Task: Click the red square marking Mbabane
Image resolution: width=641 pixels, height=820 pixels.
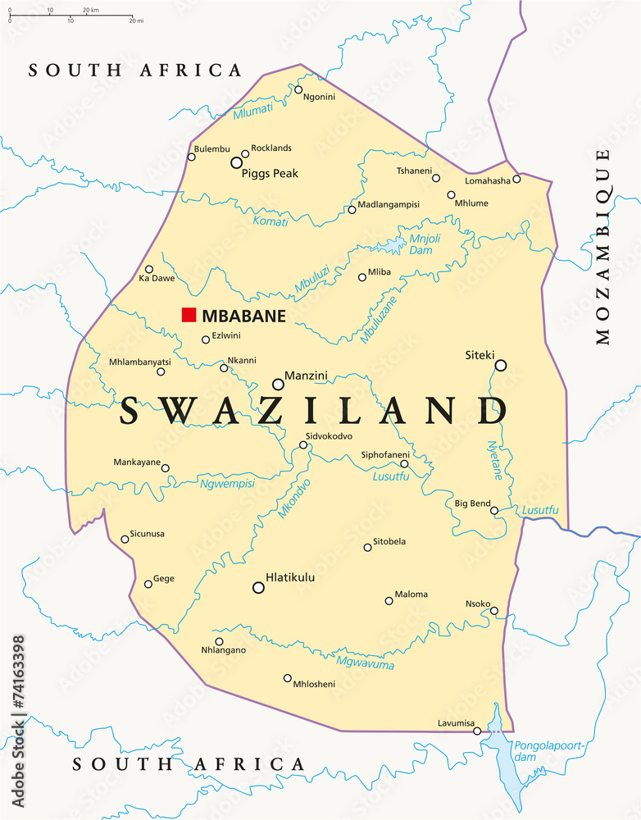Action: (189, 315)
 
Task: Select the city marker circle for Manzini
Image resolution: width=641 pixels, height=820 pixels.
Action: (278, 384)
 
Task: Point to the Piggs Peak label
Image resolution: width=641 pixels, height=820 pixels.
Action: (270, 174)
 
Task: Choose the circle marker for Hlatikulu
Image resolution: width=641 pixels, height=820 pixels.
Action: (258, 587)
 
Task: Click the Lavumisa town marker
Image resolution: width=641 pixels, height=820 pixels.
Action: (477, 731)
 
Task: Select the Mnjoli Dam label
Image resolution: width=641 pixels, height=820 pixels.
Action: (425, 244)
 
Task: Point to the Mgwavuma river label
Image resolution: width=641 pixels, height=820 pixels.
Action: (366, 660)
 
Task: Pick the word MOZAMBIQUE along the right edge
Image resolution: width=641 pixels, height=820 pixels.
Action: (603, 246)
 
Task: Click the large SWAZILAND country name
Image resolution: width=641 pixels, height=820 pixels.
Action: (313, 411)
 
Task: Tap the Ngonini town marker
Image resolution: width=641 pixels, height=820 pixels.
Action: (298, 89)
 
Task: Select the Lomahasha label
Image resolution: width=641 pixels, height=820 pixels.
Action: (487, 180)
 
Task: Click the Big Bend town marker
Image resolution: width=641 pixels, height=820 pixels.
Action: (494, 510)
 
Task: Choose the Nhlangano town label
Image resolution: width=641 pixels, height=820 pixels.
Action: (223, 650)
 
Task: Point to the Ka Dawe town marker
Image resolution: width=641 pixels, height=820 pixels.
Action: (149, 269)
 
